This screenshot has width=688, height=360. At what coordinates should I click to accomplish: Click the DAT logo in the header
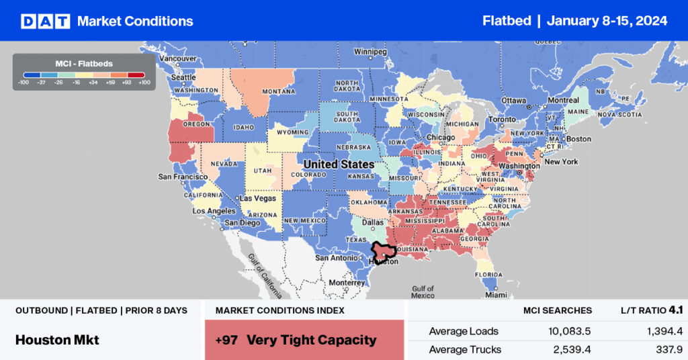(x=46, y=21)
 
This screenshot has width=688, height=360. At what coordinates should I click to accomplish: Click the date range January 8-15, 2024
(x=607, y=21)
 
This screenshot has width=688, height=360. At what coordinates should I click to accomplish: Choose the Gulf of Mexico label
(x=423, y=291)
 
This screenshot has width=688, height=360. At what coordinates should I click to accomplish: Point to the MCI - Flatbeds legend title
(x=85, y=63)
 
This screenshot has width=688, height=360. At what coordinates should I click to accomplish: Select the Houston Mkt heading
(x=57, y=340)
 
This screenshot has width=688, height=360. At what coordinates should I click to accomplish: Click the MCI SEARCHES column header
(x=557, y=310)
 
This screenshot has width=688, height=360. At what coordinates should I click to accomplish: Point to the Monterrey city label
(x=347, y=283)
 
